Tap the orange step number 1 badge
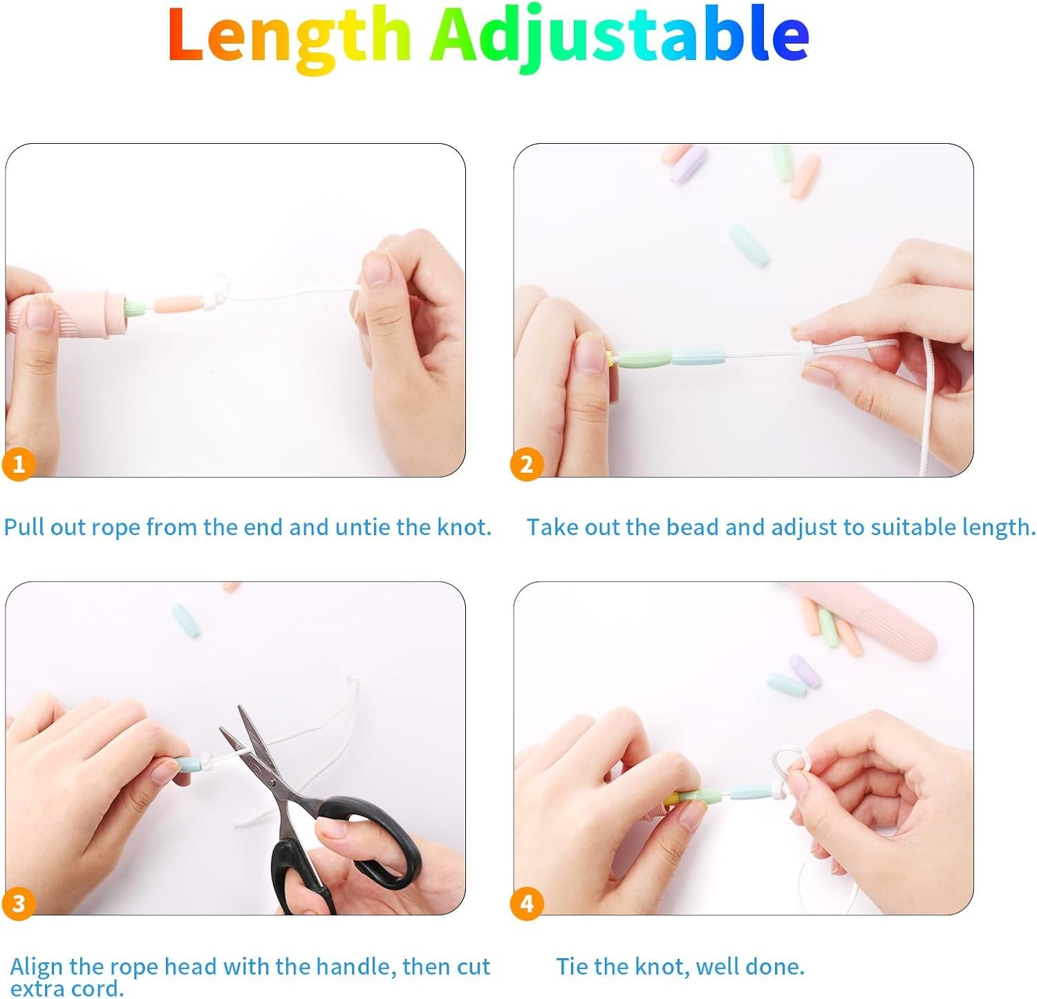[19, 464]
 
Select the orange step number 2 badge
[527, 464]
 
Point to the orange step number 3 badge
[19, 903]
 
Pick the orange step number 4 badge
[527, 903]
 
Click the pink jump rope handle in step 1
[66, 315]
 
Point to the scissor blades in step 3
[255, 754]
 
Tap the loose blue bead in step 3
[185, 620]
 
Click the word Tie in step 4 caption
[572, 966]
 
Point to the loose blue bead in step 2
[749, 245]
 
